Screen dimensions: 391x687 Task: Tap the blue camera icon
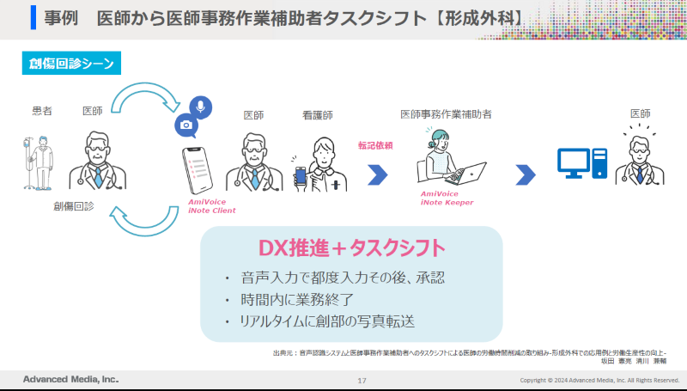[185, 125]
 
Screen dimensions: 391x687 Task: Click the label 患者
[42, 111]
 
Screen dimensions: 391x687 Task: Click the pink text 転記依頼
[375, 145]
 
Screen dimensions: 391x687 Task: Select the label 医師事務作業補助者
[446, 114]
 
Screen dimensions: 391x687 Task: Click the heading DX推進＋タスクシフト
[351, 248]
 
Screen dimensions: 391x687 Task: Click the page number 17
[362, 380]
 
